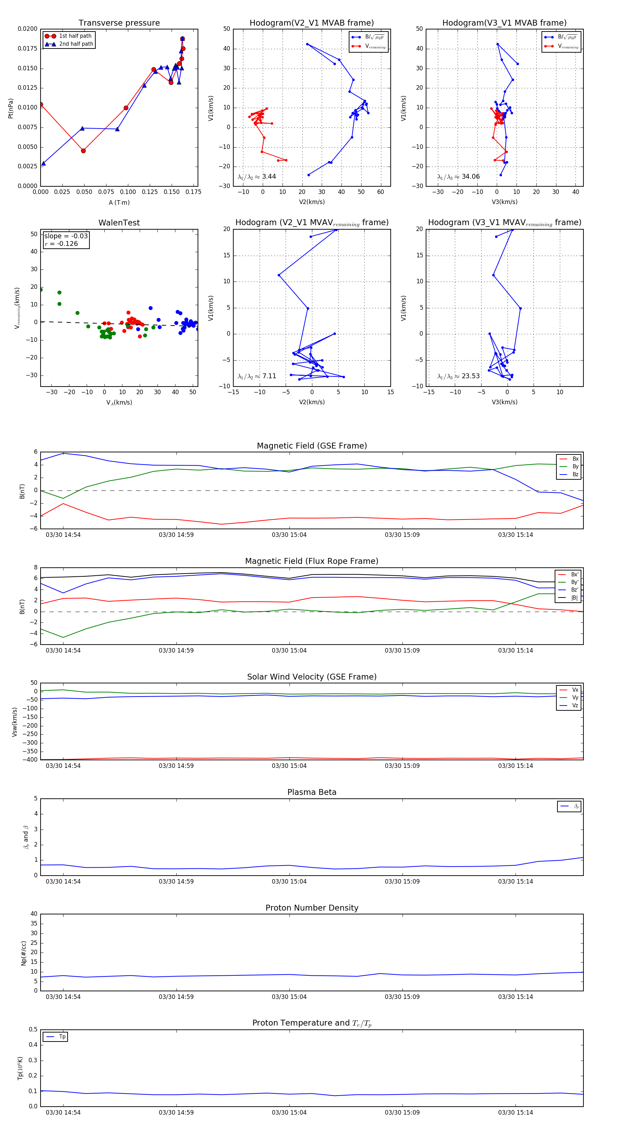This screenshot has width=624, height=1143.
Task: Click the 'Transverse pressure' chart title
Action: click(x=119, y=23)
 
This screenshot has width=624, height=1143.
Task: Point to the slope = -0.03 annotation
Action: click(x=66, y=236)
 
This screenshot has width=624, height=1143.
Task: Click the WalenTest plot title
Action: click(x=119, y=223)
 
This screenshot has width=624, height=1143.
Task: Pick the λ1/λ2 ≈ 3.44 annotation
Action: click(x=257, y=177)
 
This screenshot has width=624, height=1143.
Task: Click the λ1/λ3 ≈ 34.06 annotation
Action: click(x=458, y=177)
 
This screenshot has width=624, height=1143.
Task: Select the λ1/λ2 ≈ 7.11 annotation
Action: click(x=257, y=376)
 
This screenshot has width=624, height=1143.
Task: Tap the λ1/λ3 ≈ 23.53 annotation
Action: click(x=458, y=376)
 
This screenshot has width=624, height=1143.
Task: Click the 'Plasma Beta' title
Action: click(x=312, y=792)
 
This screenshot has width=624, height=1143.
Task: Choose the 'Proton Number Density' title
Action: click(x=312, y=908)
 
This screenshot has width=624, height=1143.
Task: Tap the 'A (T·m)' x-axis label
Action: click(x=119, y=202)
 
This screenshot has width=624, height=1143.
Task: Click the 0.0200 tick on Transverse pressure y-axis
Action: click(x=27, y=29)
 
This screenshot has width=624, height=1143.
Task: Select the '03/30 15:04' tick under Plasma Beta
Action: click(x=289, y=881)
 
